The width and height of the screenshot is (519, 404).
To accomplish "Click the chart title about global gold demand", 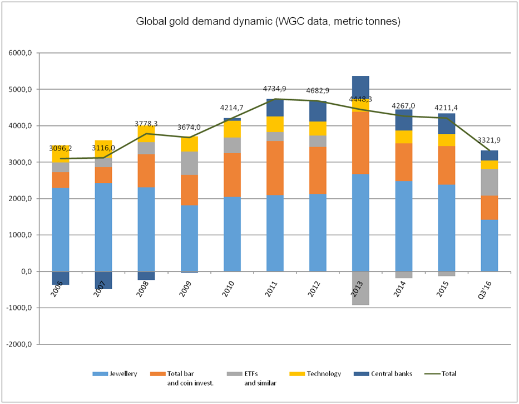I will [269, 22].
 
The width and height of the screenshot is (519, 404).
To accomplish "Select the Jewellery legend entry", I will [122, 373].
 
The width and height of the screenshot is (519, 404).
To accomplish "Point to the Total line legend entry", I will [449, 373].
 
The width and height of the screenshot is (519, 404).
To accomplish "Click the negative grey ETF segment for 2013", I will [360, 288].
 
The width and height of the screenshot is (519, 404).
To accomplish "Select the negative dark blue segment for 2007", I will [103, 280].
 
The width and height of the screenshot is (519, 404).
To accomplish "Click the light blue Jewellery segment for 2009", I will [189, 238].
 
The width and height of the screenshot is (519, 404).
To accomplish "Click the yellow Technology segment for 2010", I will [232, 129].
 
